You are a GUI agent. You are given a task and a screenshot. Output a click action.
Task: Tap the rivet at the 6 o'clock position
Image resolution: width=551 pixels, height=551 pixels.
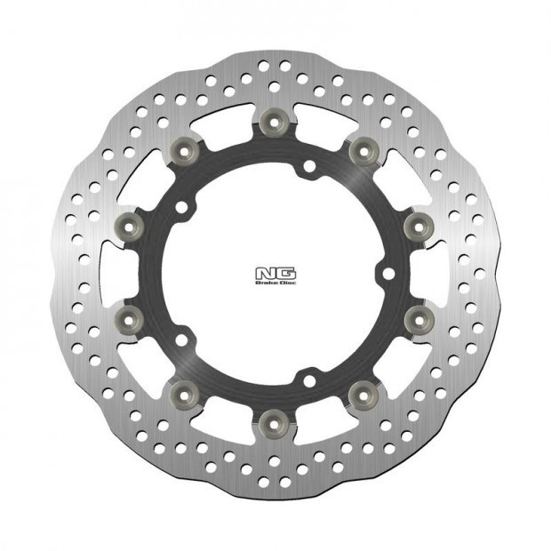273,418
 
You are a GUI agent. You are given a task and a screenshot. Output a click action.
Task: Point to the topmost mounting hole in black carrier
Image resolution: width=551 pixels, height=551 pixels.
305,166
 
